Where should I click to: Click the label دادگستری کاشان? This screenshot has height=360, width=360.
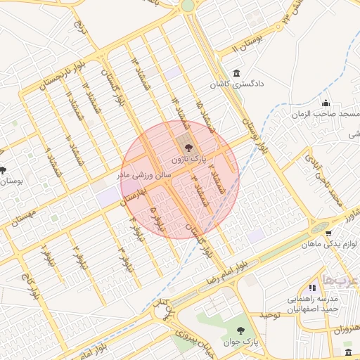tap(235, 84)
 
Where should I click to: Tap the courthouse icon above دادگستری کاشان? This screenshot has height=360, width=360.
tap(235, 74)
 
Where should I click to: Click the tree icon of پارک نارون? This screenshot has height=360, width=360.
tap(187, 148)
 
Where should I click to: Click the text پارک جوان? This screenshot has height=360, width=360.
tap(237, 343)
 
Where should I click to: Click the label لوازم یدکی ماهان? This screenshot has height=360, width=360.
tap(330, 245)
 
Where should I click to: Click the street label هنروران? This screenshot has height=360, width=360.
tap(342, 329)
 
